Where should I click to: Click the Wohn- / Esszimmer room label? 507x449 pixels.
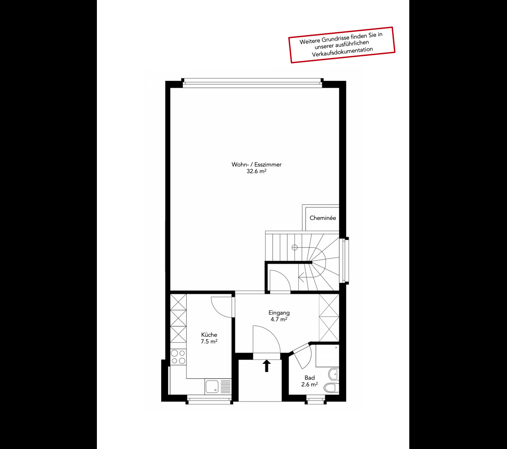pyautogui.click(x=256, y=164)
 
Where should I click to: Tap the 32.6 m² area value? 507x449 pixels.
pyautogui.click(x=256, y=171)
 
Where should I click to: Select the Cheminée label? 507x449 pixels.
pyautogui.click(x=322, y=218)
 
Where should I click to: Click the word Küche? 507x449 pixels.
pyautogui.click(x=209, y=335)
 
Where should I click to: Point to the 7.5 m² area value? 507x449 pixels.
pyautogui.click(x=209, y=341)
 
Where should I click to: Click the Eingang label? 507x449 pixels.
pyautogui.click(x=279, y=313)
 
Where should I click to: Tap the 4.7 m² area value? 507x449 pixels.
pyautogui.click(x=279, y=320)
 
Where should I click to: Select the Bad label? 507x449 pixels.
pyautogui.click(x=309, y=378)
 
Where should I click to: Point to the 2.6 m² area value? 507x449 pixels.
pyautogui.click(x=309, y=384)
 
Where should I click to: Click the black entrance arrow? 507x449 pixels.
pyautogui.click(x=266, y=366)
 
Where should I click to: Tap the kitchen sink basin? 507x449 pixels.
pyautogui.click(x=212, y=386)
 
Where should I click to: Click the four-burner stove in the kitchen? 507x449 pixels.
pyautogui.click(x=178, y=357)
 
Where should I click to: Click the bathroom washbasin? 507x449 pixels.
pyautogui.click(x=333, y=373)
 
